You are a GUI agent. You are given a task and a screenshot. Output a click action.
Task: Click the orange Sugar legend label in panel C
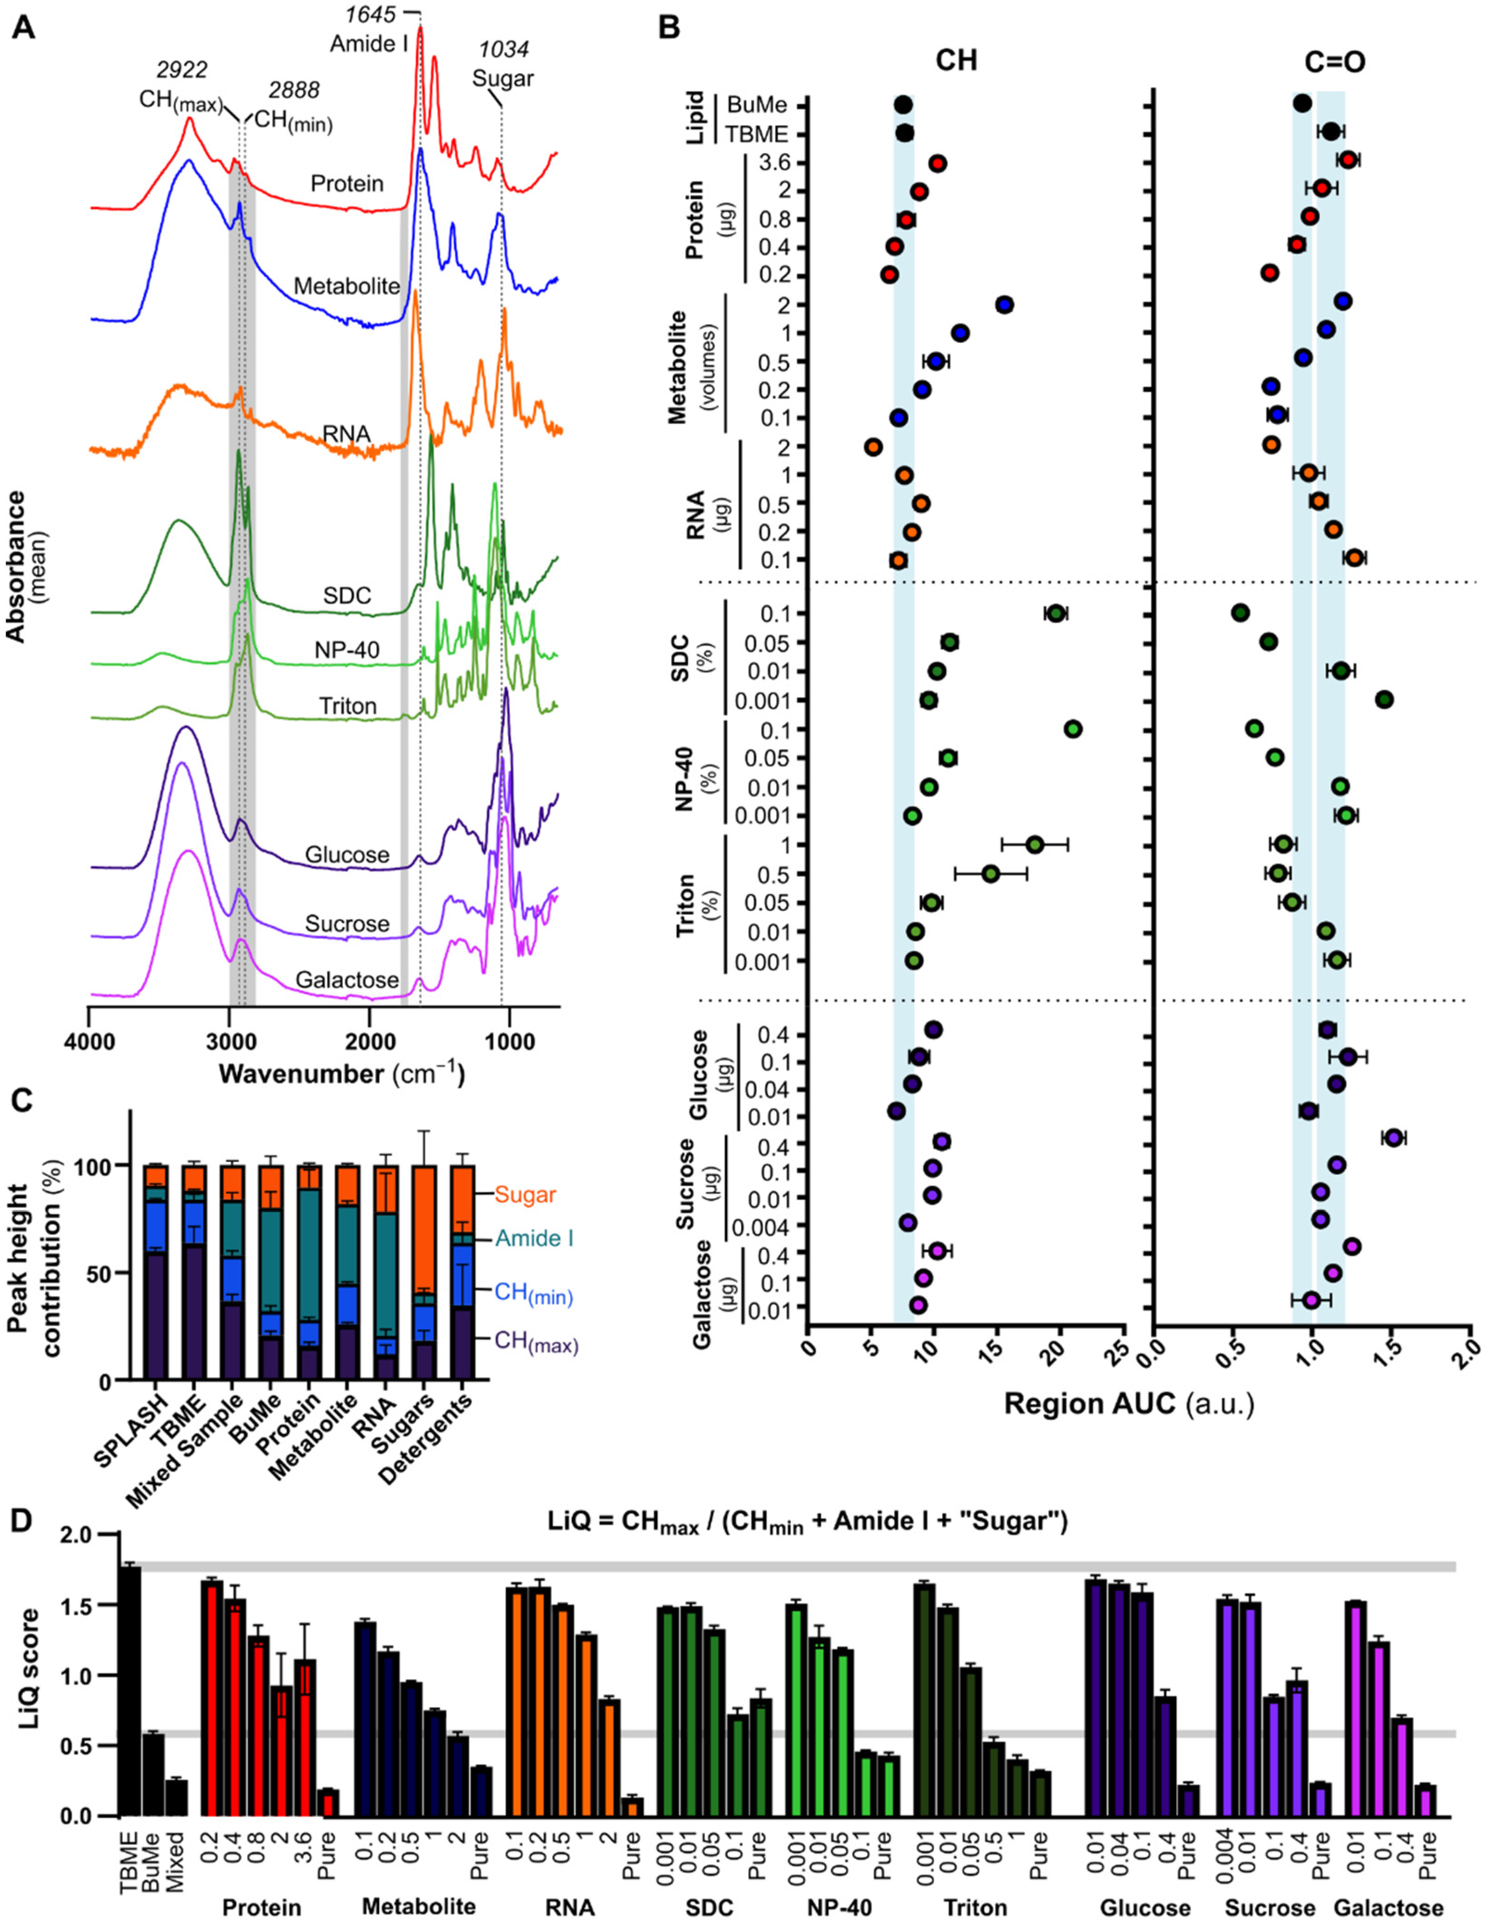point(525,1195)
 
